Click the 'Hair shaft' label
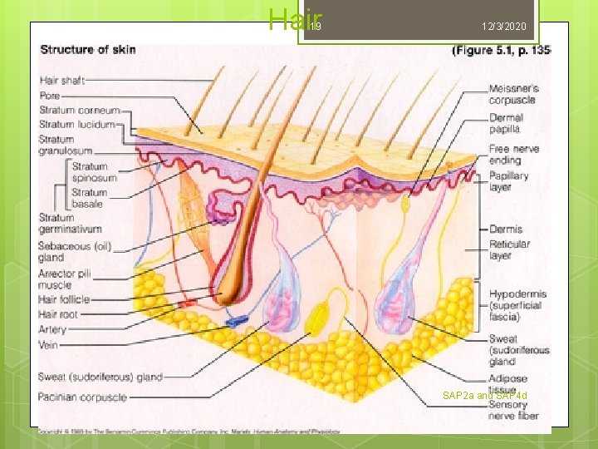coord(61,81)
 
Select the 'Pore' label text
coord(49,96)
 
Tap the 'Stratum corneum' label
coord(80,110)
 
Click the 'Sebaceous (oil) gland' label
coord(75,252)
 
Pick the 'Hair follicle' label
coord(64,299)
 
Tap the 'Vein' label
coord(47,344)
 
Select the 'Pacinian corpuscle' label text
coord(81,397)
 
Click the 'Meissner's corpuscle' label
coord(513,94)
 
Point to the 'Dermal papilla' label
coord(505,124)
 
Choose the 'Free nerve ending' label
coord(513,155)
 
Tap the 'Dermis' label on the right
coord(506,229)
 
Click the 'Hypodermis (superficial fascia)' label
coord(517,305)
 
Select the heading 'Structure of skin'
coord(88,50)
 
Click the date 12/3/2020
coord(503,27)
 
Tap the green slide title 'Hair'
coord(288,19)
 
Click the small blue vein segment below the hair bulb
coord(237,319)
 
